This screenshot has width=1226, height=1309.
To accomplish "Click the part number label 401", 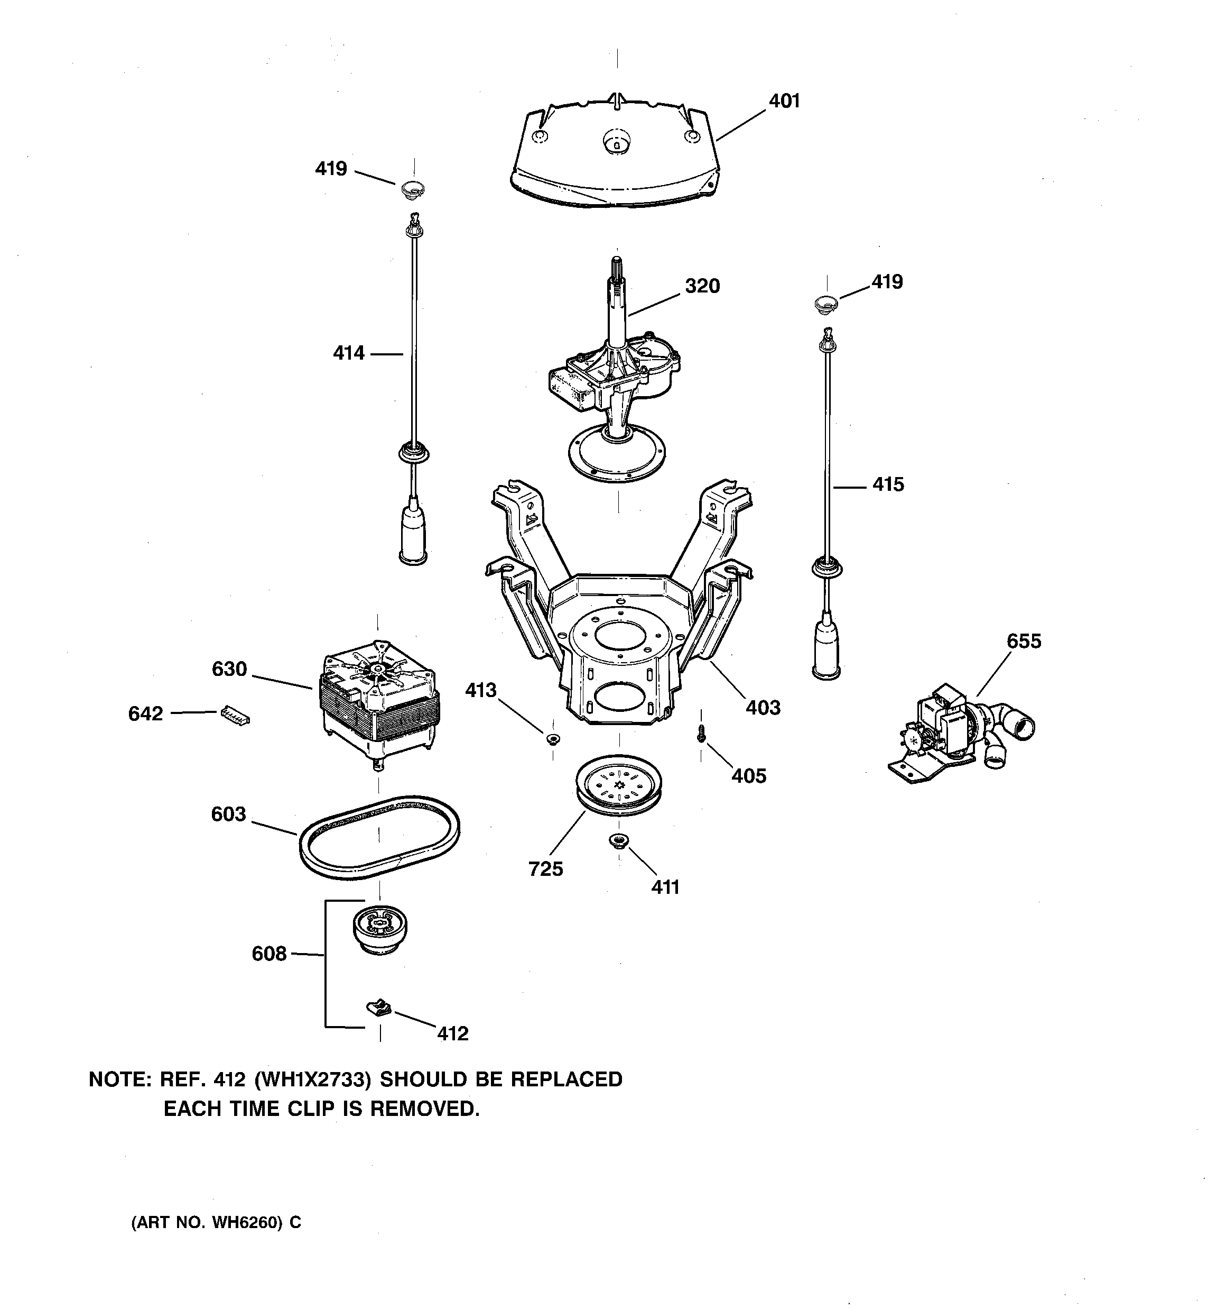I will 784,102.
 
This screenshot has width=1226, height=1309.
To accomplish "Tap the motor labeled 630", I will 379,704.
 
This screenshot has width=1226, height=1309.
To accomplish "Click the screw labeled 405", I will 701,733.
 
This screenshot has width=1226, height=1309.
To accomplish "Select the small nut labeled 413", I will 552,738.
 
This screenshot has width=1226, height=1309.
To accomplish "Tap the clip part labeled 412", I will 378,1007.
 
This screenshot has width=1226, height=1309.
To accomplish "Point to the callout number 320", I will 702,287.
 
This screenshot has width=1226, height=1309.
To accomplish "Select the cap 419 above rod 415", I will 826,303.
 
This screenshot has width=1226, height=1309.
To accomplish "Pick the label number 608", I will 269,954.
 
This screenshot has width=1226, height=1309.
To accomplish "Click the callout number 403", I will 763,708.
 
